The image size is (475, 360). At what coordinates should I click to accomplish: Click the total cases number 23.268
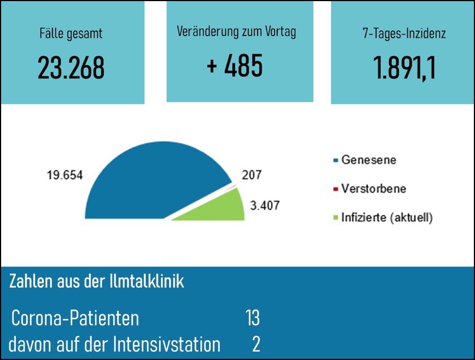tap(71, 68)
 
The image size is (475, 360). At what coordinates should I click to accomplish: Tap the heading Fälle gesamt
tap(71, 33)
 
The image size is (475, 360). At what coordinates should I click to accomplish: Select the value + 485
tap(234, 66)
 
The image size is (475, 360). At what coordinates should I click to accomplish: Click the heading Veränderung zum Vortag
tap(236, 31)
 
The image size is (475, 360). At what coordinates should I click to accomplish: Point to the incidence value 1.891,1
tap(404, 68)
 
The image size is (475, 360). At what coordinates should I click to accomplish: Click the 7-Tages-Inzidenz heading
tap(404, 33)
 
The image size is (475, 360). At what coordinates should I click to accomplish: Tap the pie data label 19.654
tap(64, 175)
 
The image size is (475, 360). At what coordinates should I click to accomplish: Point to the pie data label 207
tap(252, 175)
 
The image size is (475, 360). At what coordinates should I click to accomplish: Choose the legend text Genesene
tap(368, 160)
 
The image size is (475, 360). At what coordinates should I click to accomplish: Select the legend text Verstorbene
tap(373, 188)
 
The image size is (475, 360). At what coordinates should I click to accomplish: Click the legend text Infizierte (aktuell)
tap(387, 217)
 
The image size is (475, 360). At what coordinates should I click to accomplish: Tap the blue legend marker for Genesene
tap(335, 160)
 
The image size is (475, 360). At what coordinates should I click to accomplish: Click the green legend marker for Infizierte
tap(335, 217)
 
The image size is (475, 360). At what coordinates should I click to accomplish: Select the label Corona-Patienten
tap(75, 318)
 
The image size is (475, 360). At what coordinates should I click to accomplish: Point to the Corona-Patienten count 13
tap(252, 318)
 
